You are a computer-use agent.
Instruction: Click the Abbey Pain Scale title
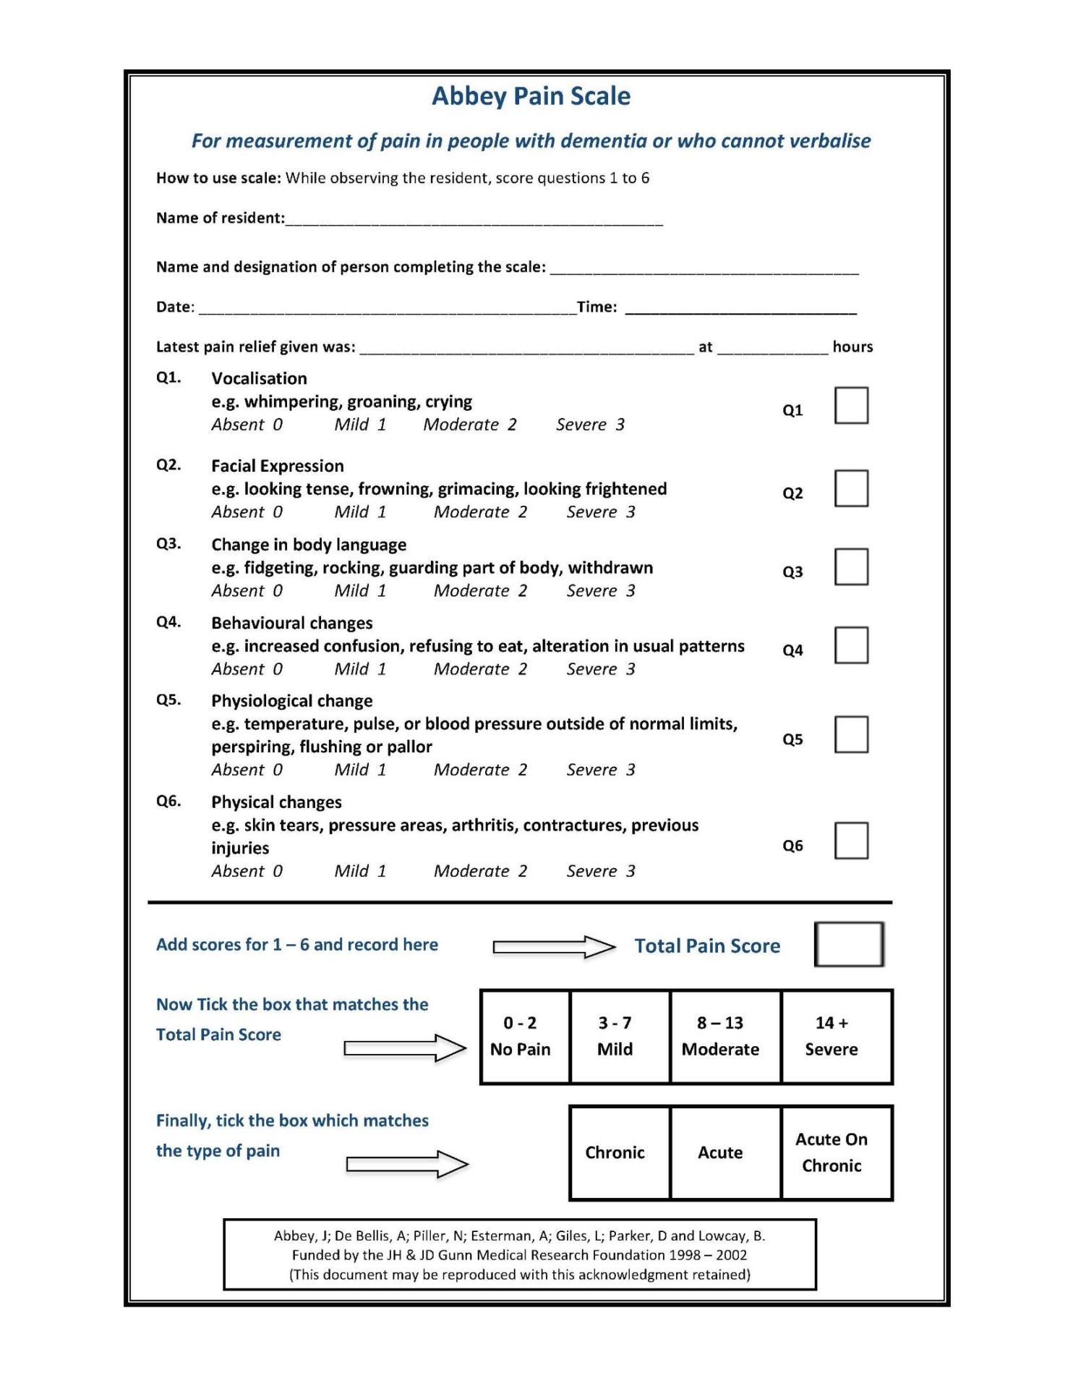point(531,96)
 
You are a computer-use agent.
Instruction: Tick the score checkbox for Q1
point(851,405)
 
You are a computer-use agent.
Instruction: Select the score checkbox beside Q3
point(851,566)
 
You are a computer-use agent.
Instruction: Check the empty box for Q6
point(851,841)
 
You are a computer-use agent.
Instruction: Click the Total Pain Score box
point(849,944)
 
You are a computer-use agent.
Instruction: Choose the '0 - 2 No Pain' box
point(525,1036)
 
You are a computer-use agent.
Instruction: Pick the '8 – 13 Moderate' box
point(725,1036)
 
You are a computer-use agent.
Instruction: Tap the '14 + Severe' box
point(837,1036)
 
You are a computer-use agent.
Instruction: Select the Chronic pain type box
point(620,1152)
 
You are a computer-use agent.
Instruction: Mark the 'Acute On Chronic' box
point(837,1152)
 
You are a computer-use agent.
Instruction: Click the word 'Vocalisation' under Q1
point(259,378)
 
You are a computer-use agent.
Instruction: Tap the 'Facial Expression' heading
point(277,466)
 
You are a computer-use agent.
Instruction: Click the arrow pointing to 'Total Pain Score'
point(553,947)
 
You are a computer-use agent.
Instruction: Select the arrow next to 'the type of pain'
point(406,1164)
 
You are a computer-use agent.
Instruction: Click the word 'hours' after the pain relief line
point(852,347)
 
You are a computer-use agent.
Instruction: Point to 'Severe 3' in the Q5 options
point(600,770)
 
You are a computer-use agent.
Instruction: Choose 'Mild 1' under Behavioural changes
point(360,669)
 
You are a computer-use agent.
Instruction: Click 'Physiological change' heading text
point(291,701)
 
